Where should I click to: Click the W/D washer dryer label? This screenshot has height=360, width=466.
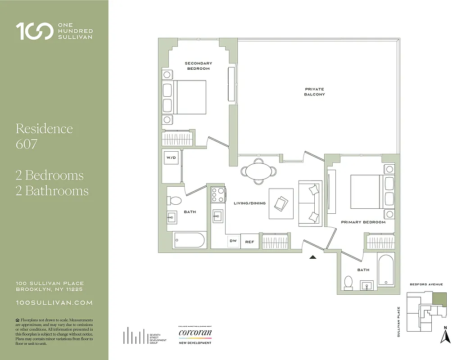171,158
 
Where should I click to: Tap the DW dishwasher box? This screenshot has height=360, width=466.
233,242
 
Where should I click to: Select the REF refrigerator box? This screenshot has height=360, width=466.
249,242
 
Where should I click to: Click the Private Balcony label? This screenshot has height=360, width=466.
314,92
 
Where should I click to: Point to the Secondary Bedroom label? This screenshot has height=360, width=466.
198,66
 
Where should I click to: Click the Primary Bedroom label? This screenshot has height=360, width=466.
363,222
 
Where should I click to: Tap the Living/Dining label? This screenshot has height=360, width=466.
249,203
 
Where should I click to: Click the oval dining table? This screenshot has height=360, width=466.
259,171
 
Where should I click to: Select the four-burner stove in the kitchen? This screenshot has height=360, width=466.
218,195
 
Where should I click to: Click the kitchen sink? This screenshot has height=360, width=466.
218,216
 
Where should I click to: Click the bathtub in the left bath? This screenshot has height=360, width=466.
189,240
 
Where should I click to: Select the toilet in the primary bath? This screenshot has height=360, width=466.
348,283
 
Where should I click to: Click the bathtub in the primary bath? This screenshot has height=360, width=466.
386,270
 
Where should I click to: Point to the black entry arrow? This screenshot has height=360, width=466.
313,257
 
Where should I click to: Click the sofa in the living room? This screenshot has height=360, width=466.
310,203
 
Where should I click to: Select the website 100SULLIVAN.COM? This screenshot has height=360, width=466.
54,303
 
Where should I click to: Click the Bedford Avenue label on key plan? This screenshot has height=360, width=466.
426,284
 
